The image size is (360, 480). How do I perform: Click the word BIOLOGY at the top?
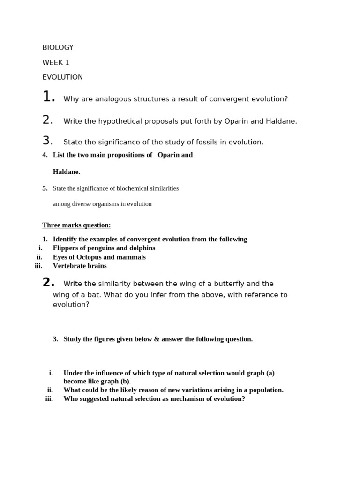(x=58, y=48)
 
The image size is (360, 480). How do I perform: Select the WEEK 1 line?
(x=56, y=63)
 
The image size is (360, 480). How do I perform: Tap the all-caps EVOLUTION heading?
(x=62, y=77)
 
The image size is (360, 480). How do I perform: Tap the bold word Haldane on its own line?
(x=67, y=172)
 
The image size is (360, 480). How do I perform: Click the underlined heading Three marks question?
(x=76, y=225)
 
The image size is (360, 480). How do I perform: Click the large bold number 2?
(x=48, y=283)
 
